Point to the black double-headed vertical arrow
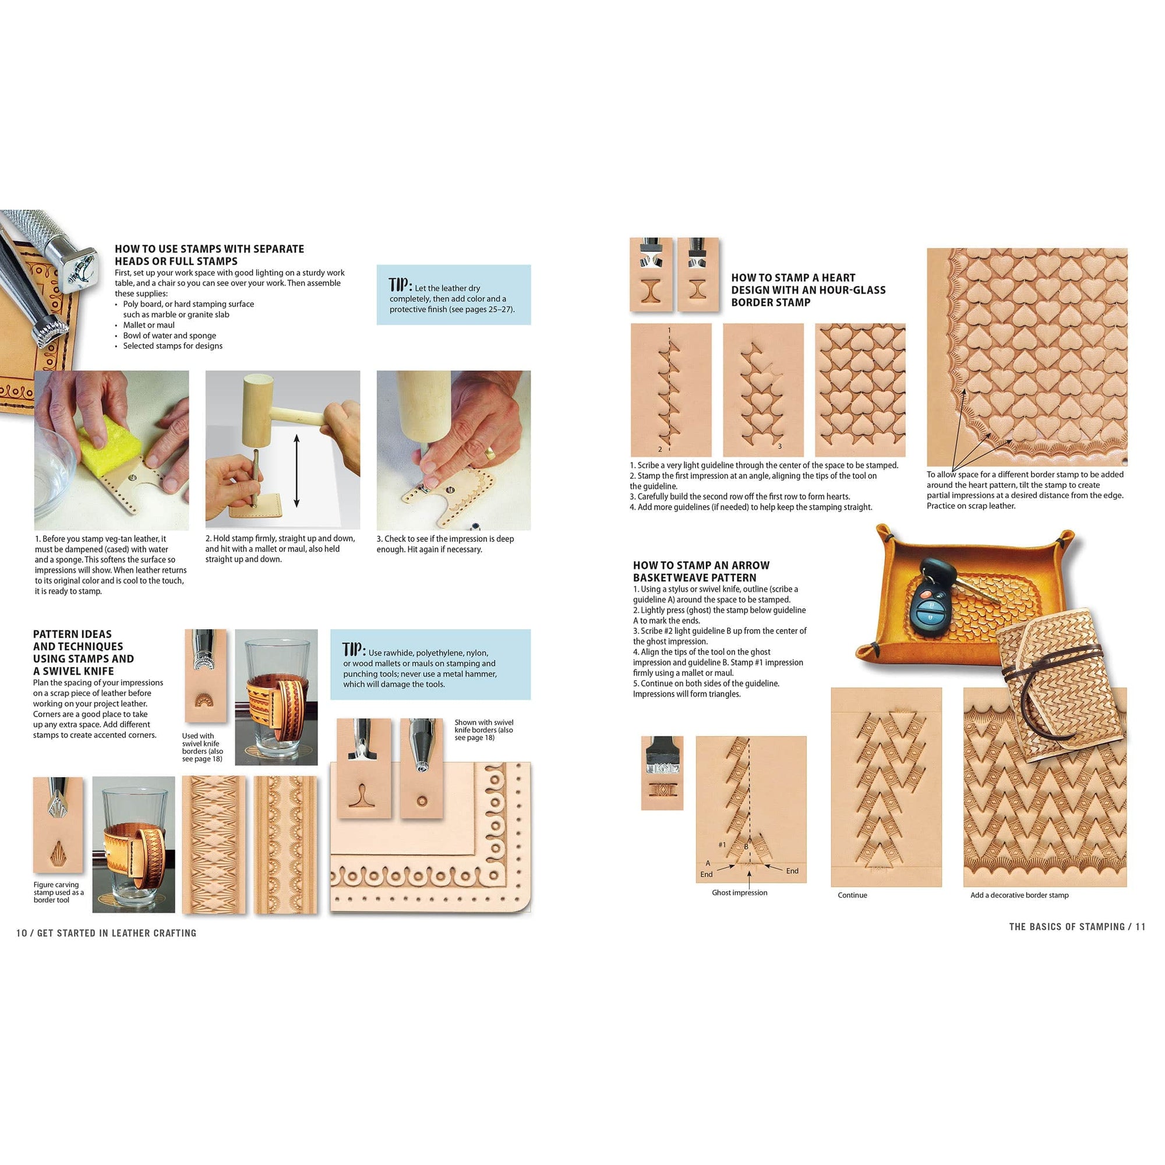coord(296,470)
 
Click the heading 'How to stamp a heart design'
coord(808,290)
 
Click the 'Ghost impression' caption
coord(739,892)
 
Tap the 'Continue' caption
coord(852,895)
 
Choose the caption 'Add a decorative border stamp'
coord(1019,895)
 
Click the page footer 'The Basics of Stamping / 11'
coord(1077,927)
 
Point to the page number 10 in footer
coord(22,933)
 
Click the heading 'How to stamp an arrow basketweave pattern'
coord(701,571)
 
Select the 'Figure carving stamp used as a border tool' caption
coord(58,892)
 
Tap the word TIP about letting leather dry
coord(400,285)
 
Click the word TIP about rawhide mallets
coord(354,649)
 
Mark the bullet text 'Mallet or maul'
coord(149,325)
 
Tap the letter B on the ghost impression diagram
coord(746,846)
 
